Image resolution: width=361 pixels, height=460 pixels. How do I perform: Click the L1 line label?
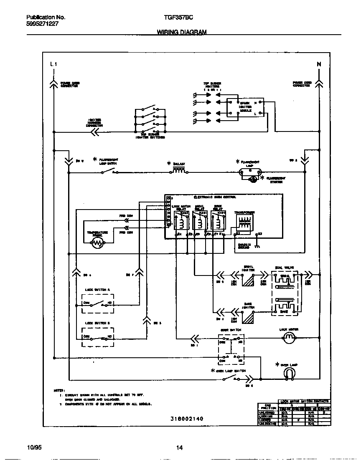pyautogui.click(x=53, y=64)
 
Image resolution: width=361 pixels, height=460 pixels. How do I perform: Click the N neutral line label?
pyautogui.click(x=319, y=64)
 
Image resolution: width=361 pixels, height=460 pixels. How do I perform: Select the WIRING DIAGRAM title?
pyautogui.click(x=181, y=32)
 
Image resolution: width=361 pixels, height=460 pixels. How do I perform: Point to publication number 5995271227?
pyautogui.click(x=42, y=24)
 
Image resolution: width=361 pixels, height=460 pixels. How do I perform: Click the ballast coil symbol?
pyautogui.click(x=179, y=171)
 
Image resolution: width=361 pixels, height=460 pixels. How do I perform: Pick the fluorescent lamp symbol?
pyautogui.click(x=249, y=172)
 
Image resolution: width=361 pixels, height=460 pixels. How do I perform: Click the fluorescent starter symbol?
pyautogui.click(x=253, y=179)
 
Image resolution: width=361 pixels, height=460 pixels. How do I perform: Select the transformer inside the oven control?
pyautogui.click(x=244, y=224)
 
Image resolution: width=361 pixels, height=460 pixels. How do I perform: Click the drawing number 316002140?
pyautogui.click(x=187, y=418)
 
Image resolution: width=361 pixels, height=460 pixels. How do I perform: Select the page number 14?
pyautogui.click(x=179, y=448)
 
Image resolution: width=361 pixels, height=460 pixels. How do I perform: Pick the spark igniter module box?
pyautogui.click(x=245, y=107)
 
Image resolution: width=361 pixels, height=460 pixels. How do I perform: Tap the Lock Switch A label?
pyautogui.click(x=97, y=289)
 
